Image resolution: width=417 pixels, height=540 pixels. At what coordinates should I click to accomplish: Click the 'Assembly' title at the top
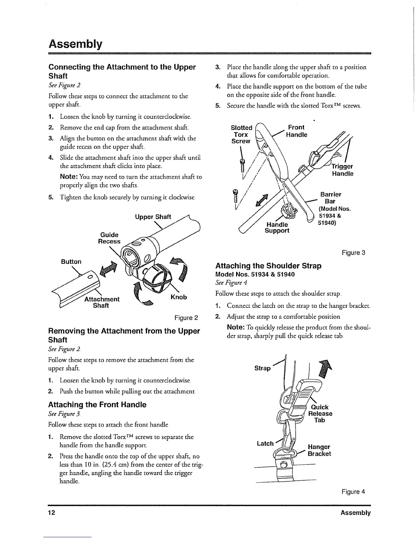[75, 44]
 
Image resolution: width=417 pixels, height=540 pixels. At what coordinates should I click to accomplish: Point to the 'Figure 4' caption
[354, 492]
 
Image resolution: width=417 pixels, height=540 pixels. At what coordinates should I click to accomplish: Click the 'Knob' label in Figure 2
[179, 297]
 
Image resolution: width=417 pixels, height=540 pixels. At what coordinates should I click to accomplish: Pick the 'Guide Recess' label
[109, 238]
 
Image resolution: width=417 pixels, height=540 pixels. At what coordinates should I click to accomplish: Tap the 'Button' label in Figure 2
[71, 262]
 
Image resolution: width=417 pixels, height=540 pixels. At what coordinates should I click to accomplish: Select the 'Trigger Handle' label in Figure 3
[343, 170]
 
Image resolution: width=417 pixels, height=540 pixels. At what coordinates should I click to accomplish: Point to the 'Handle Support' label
[277, 227]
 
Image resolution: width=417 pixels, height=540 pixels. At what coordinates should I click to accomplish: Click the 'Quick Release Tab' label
[320, 414]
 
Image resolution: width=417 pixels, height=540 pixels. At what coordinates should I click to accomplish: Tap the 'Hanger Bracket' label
[319, 450]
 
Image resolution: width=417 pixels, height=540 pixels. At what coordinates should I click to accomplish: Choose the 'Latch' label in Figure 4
[265, 444]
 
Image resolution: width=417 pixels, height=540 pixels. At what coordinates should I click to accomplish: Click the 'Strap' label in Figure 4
[263, 368]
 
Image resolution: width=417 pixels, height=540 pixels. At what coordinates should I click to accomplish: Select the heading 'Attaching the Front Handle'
[97, 405]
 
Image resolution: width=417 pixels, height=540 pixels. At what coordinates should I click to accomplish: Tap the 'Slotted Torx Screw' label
[242, 134]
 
